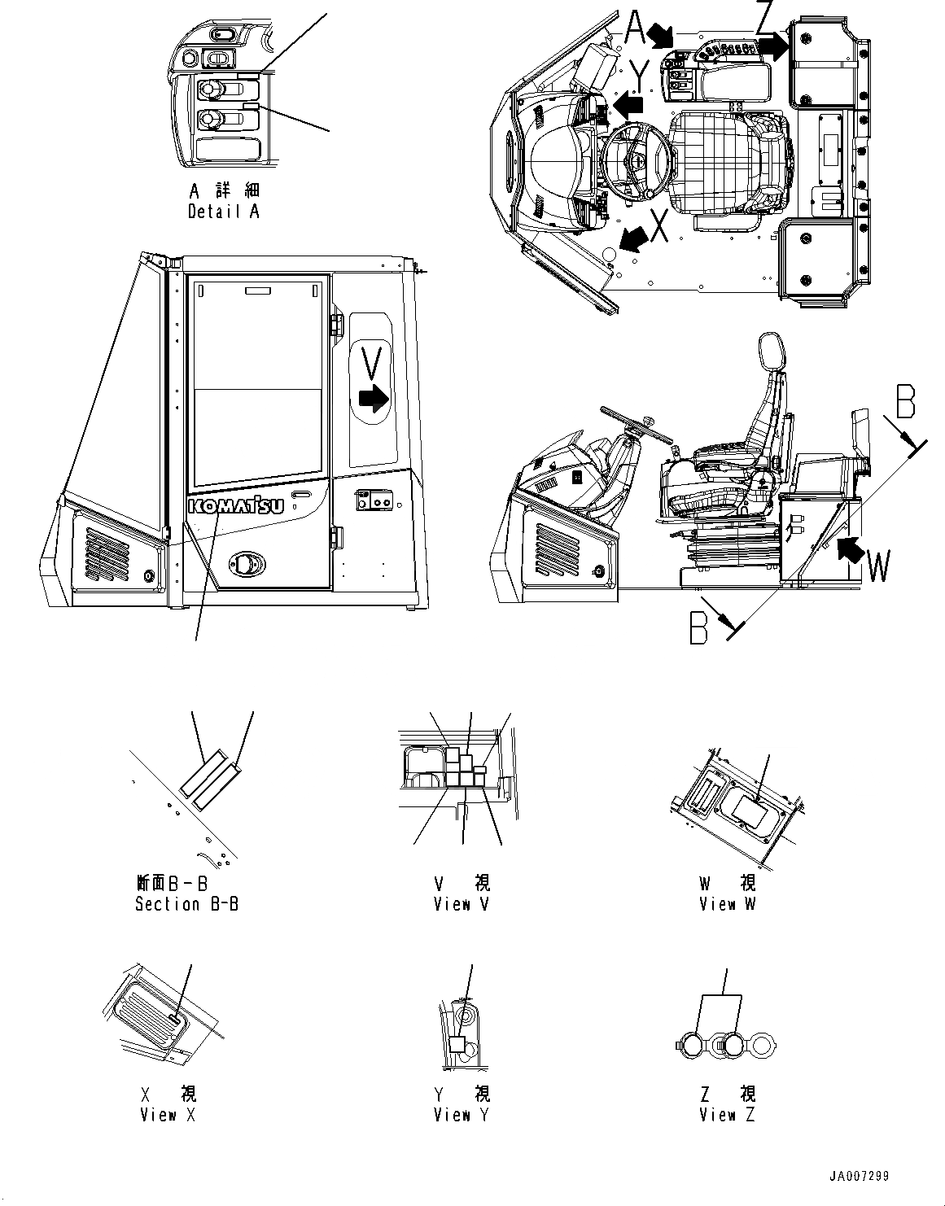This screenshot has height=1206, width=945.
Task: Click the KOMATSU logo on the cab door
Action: pos(236,506)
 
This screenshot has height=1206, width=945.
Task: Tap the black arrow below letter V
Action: pos(373,399)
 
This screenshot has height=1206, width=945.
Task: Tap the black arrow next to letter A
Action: pos(661,35)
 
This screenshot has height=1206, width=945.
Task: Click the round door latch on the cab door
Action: pos(247,563)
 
